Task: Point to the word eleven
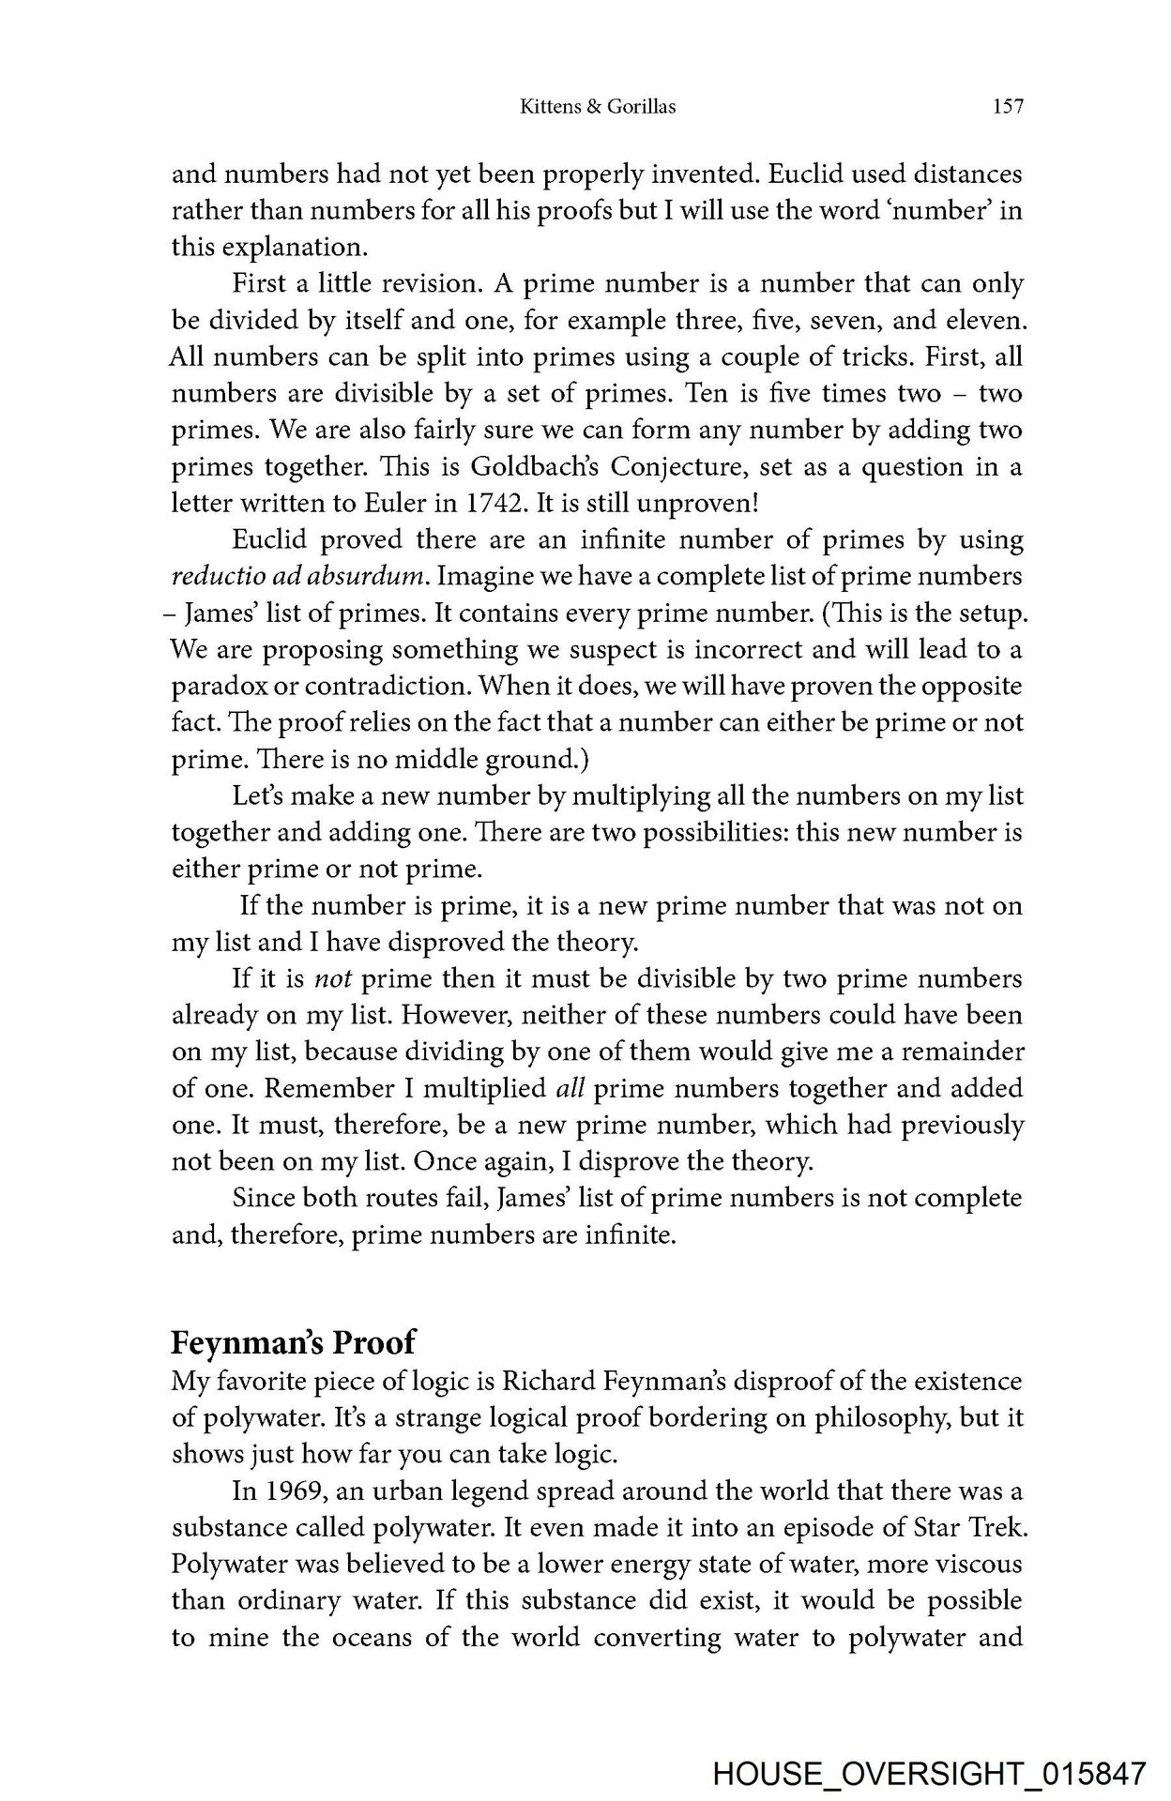point(976,322)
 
